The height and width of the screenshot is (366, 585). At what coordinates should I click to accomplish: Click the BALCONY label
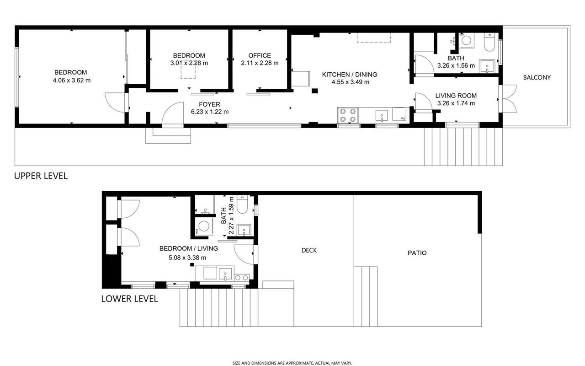537,77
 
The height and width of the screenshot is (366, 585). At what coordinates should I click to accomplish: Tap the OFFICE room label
260,55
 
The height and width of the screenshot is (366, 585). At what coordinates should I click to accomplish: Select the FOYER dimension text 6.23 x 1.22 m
210,112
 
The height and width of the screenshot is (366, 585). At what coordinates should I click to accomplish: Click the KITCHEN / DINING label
350,75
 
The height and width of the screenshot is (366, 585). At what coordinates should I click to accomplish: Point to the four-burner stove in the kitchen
348,115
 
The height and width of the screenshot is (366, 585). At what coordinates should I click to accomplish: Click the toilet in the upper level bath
489,42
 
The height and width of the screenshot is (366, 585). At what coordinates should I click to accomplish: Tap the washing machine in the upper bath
466,41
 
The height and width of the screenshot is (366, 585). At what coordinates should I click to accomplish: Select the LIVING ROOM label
456,96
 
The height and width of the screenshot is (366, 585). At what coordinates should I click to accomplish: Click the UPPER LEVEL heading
41,176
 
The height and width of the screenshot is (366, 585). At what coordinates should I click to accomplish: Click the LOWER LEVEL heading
129,299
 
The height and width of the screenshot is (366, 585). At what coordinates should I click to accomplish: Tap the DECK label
309,250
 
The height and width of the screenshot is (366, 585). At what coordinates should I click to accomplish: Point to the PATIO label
417,253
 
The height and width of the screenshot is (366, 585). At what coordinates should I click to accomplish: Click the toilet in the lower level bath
242,204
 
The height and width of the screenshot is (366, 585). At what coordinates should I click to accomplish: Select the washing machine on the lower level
204,226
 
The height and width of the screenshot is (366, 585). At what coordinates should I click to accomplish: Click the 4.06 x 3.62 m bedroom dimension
72,81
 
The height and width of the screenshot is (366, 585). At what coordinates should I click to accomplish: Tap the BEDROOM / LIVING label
189,248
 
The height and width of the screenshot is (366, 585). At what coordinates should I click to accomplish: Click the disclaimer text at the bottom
292,363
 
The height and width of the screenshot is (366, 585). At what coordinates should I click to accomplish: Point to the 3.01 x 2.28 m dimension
189,63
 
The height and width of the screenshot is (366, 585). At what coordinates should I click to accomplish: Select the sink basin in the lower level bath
244,230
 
